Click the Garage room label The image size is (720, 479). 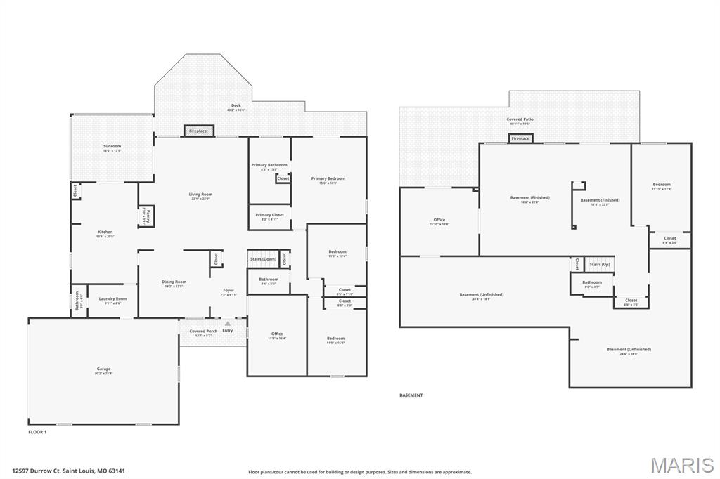[x=103, y=369]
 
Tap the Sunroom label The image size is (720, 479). [x=112, y=147]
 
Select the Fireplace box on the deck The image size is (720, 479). [x=198, y=131]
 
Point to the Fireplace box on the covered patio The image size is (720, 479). [x=520, y=138]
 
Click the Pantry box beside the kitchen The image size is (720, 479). [x=148, y=216]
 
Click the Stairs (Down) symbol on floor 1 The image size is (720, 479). [x=264, y=259]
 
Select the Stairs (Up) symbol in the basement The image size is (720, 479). [x=600, y=265]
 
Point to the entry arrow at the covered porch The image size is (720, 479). [x=227, y=324]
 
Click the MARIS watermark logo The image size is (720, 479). [x=682, y=465]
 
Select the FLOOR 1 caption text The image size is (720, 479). [x=37, y=432]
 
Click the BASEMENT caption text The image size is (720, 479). [x=411, y=395]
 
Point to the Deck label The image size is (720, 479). [x=236, y=107]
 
